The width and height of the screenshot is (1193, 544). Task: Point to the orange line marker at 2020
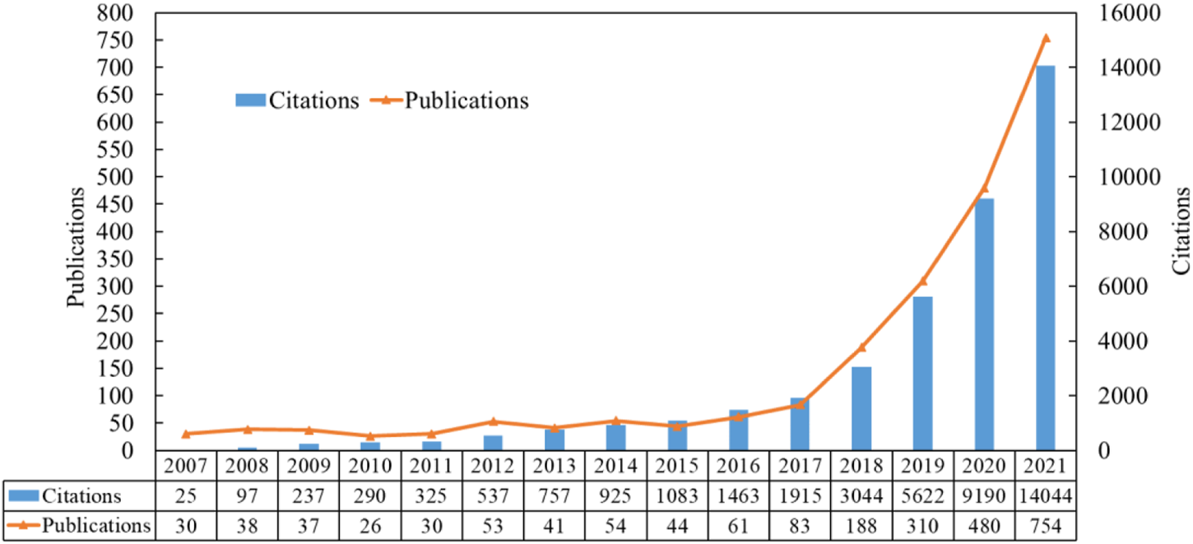984,188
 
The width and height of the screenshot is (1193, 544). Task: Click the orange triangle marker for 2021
1046,38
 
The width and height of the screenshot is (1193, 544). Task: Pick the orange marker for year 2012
493,421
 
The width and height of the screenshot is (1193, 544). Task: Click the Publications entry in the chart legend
466,100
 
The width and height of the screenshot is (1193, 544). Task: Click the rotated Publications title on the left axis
76,248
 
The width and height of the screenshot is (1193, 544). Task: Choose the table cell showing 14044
1045,496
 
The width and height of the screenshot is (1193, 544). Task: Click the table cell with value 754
1045,525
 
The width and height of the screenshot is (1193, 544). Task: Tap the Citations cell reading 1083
677,496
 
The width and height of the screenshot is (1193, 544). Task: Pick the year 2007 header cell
186,467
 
